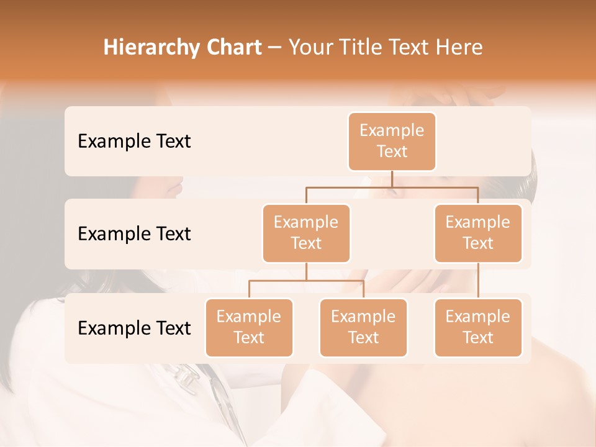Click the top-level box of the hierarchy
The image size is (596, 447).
point(392,141)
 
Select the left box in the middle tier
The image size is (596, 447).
point(306,233)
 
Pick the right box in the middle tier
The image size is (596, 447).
point(478,233)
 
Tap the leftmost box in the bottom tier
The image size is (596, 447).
point(249,327)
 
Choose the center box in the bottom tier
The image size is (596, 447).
point(363,327)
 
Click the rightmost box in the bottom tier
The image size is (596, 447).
point(478,327)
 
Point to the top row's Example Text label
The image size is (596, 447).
point(134,141)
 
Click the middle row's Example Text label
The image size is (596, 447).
point(134,233)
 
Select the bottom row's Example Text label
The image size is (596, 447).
point(134,328)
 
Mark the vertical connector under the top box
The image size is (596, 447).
point(392,179)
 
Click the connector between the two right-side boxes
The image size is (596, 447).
point(478,281)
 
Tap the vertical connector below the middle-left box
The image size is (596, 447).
point(306,272)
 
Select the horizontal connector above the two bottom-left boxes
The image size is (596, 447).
point(306,281)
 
